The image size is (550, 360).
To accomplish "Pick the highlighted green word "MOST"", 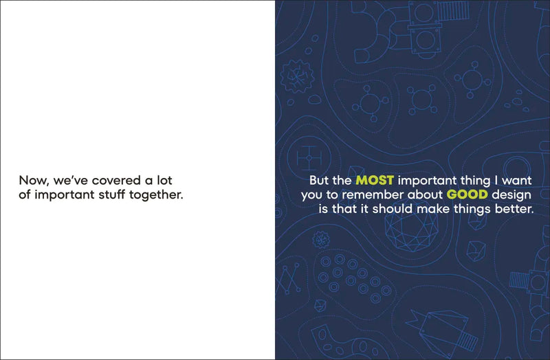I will (375, 181).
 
